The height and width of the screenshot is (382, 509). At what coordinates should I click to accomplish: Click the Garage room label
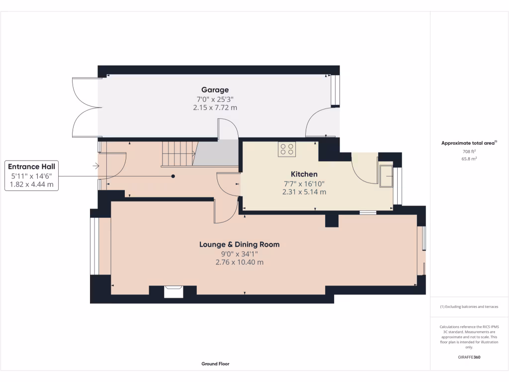click(215, 90)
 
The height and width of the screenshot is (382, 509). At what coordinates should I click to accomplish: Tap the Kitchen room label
click(304, 174)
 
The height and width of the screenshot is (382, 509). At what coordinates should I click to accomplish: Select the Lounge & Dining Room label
click(239, 244)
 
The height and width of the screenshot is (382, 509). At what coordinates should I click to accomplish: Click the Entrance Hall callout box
click(32, 175)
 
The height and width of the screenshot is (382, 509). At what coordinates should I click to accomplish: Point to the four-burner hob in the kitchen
click(287, 149)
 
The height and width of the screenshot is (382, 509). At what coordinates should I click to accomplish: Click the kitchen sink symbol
click(386, 177)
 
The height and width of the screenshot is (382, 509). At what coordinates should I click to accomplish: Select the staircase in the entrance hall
click(176, 154)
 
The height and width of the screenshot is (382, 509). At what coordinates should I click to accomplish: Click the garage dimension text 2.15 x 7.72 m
click(215, 107)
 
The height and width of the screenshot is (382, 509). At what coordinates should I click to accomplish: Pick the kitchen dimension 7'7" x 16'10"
click(304, 183)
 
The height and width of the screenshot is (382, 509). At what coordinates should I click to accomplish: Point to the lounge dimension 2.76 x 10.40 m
click(239, 262)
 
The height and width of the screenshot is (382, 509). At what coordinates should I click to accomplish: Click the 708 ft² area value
click(469, 151)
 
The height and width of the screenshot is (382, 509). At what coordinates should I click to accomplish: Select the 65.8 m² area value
click(469, 159)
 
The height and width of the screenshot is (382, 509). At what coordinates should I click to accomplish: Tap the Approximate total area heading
click(469, 143)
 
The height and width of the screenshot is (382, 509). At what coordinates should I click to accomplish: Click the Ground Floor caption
click(215, 364)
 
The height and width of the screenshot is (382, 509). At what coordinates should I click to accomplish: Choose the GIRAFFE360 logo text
click(469, 357)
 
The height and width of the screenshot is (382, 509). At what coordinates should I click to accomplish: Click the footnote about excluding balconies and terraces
click(469, 307)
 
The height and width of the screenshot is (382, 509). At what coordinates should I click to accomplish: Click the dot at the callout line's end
click(173, 176)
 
